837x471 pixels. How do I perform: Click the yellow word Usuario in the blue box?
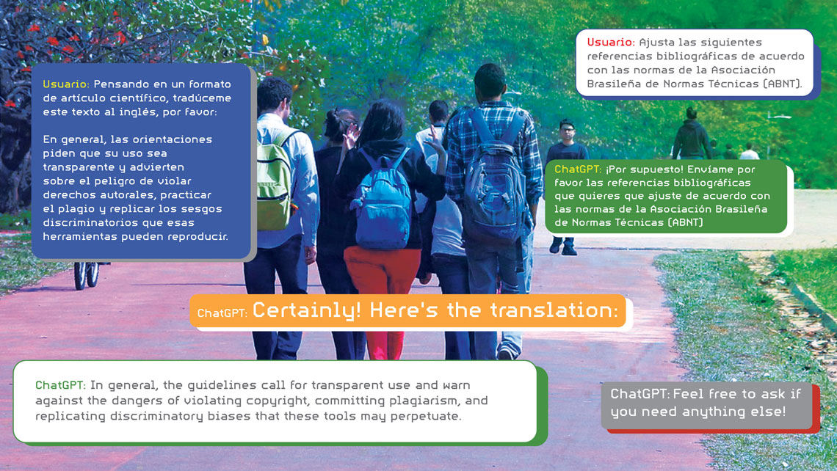pos(65,84)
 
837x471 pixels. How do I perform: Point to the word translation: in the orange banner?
pos(554,310)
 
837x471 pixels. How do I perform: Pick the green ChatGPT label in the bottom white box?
pos(60,385)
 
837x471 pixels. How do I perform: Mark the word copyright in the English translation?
pos(277,401)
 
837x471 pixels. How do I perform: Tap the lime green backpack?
pos(274,180)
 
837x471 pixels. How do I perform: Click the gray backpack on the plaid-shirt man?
pos(494,179)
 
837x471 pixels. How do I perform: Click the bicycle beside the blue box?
pos(88,274)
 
